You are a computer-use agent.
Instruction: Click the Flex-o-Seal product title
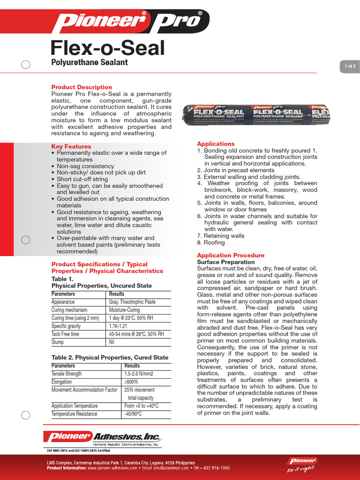click(107, 48)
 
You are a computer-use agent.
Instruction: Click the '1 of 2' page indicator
click(350, 67)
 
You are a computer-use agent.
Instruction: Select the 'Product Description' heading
click(82, 87)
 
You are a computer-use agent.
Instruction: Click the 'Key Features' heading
click(71, 146)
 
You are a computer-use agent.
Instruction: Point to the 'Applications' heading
click(216, 144)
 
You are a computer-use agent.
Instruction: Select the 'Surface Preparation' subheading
click(226, 262)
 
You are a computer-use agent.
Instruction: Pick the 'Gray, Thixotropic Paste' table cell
click(132, 302)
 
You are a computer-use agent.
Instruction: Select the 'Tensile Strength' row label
click(67, 374)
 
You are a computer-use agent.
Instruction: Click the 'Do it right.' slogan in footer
click(301, 469)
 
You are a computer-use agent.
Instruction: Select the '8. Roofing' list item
click(211, 243)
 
